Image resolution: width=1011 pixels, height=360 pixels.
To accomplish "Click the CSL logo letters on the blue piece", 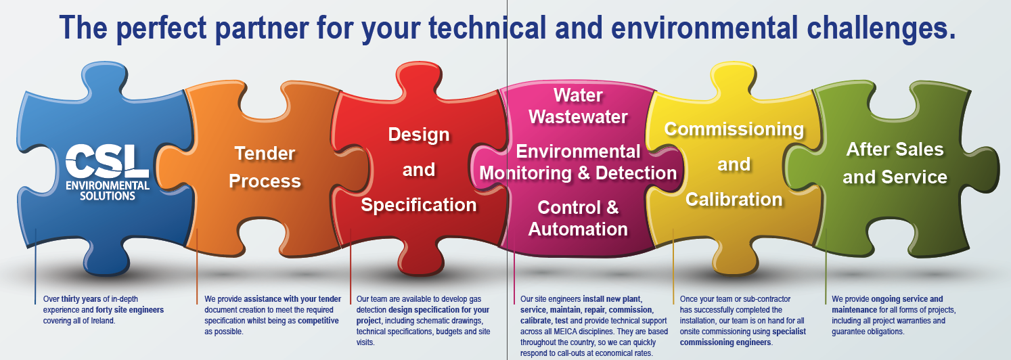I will (x=108, y=160).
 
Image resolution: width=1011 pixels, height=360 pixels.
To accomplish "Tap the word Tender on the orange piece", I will (x=265, y=154).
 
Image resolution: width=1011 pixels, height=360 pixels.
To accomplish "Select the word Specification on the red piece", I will (x=419, y=204).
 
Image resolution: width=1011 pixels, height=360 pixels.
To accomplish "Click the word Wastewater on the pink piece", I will (x=578, y=116).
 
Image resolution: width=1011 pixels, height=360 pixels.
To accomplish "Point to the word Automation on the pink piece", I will (x=578, y=229).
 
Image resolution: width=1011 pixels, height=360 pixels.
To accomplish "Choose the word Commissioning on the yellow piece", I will (x=734, y=129).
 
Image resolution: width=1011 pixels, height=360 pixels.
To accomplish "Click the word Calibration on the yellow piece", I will (x=734, y=200).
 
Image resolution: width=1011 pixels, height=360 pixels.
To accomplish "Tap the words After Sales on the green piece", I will (x=895, y=149).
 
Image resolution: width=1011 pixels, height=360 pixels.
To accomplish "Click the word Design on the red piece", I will (x=419, y=134).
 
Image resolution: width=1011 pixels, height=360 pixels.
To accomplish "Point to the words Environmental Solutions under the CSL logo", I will (x=108, y=190).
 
